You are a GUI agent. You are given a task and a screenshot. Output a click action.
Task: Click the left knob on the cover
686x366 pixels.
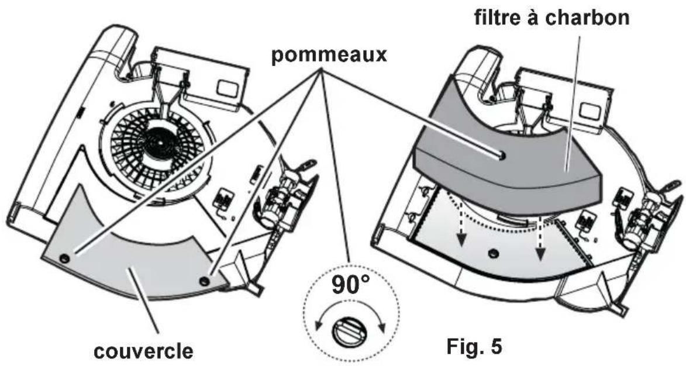[x=63, y=257]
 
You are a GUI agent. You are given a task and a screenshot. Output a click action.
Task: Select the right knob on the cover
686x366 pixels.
[x=203, y=281]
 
